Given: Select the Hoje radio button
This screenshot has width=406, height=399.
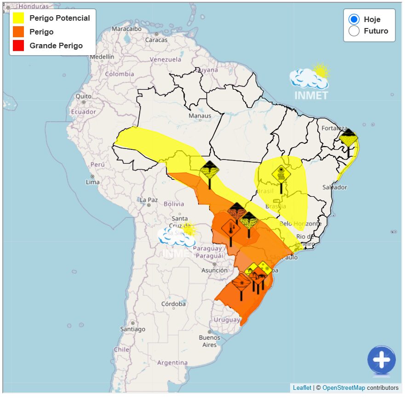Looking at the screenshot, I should click(x=354, y=19).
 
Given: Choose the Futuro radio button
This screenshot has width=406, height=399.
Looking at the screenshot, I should click(x=354, y=31).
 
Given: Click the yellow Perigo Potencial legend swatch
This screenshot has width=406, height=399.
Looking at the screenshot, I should click(x=18, y=18).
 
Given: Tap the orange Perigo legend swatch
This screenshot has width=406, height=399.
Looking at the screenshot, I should click(x=18, y=32).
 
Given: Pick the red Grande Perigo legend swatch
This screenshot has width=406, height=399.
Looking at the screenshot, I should click(x=18, y=46).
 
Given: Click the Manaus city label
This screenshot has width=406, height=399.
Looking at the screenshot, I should click(x=200, y=116).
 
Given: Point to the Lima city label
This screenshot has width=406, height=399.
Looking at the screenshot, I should click(x=93, y=182).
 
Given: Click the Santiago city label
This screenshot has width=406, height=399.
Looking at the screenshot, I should click(x=132, y=329).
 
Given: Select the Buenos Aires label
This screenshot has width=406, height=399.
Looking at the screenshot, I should click(x=210, y=341).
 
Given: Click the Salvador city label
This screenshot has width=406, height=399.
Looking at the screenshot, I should click(x=335, y=188).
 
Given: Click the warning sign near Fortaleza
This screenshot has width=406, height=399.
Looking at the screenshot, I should click(x=349, y=138).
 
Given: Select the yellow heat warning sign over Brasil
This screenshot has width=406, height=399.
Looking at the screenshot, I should click(x=280, y=175).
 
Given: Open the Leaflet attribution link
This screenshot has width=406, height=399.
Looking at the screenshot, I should click(x=302, y=388).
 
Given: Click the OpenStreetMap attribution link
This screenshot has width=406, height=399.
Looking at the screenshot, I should click(x=343, y=388).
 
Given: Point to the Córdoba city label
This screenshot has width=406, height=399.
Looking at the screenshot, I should click(x=174, y=304).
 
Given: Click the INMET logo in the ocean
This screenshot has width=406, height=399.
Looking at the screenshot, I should click(x=309, y=83).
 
